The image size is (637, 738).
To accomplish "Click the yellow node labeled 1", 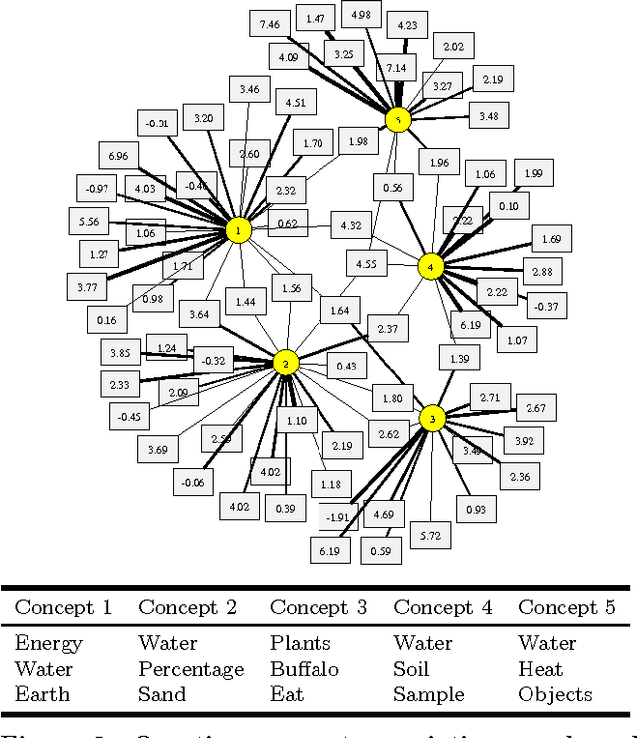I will click(238, 231).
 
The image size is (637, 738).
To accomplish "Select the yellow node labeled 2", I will click(286, 363).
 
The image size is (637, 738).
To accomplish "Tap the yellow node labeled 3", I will click(432, 419).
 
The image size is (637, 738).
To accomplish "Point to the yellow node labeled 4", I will click(430, 267).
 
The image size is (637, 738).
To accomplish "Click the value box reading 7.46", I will click(270, 23).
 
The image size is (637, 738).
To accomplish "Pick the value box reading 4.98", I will click(361, 14).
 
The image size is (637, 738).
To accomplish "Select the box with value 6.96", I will click(117, 157).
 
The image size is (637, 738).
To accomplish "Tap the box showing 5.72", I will click(431, 535).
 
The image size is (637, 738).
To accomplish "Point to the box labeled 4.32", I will click(351, 225).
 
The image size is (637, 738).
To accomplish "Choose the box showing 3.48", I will click(489, 117).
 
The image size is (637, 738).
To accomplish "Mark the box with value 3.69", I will click(158, 450).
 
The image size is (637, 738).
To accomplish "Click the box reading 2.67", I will click(535, 408).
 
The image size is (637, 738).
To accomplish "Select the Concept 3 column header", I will click(318, 607).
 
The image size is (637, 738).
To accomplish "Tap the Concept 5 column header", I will click(566, 607).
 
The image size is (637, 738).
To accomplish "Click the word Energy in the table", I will click(49, 643).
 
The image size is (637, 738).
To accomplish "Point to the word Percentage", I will click(191, 668).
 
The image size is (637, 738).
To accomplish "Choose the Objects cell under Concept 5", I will click(554, 694).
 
